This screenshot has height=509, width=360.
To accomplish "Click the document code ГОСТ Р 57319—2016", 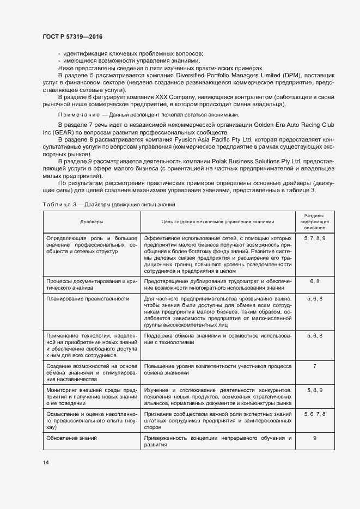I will click(72, 36).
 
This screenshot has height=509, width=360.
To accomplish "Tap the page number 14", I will click(46, 462).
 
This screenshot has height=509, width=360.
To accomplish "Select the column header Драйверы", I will click(91, 222).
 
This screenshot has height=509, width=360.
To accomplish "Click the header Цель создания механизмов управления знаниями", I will click(217, 222).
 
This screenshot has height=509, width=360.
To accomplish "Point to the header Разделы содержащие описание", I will click(315, 222).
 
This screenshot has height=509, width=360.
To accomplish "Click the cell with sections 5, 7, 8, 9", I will click(315, 238).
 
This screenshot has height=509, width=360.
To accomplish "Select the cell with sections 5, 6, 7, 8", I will click(315, 414).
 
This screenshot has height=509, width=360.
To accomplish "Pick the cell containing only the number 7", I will click(315, 366).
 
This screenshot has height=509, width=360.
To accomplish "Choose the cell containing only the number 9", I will click(315, 438).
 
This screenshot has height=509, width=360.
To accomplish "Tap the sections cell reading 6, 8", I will click(315, 281).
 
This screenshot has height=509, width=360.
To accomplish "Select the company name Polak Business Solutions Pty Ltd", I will click(254, 162).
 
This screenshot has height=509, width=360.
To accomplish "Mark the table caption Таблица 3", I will click(59, 204).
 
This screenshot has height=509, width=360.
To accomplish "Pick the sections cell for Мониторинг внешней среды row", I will click(315, 390).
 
